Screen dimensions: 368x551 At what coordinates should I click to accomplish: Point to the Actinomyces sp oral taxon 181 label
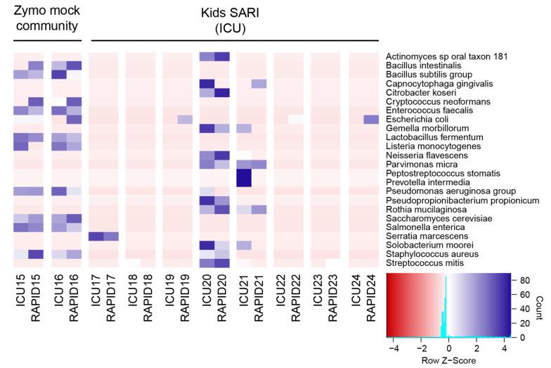[452, 56]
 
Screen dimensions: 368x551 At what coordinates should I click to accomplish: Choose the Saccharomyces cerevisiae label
[431, 218]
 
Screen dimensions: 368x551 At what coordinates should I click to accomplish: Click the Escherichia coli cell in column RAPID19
[185, 120]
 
